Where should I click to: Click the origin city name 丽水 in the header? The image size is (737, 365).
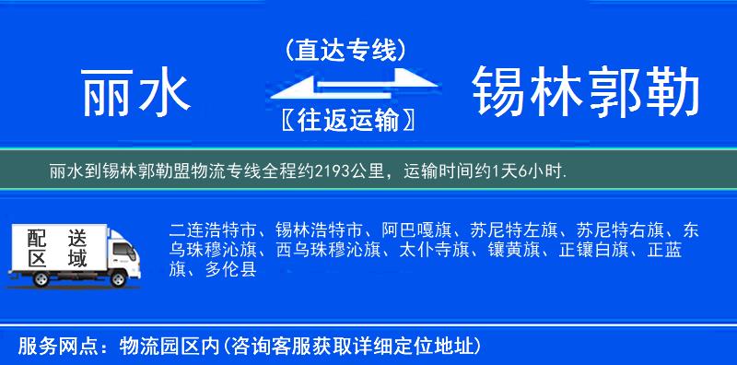[x=135, y=94]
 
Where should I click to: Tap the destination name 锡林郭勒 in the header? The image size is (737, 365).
[x=586, y=94]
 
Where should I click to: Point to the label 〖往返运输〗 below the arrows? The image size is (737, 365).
[x=345, y=122]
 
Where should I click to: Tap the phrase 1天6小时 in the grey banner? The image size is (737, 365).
[x=529, y=171]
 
